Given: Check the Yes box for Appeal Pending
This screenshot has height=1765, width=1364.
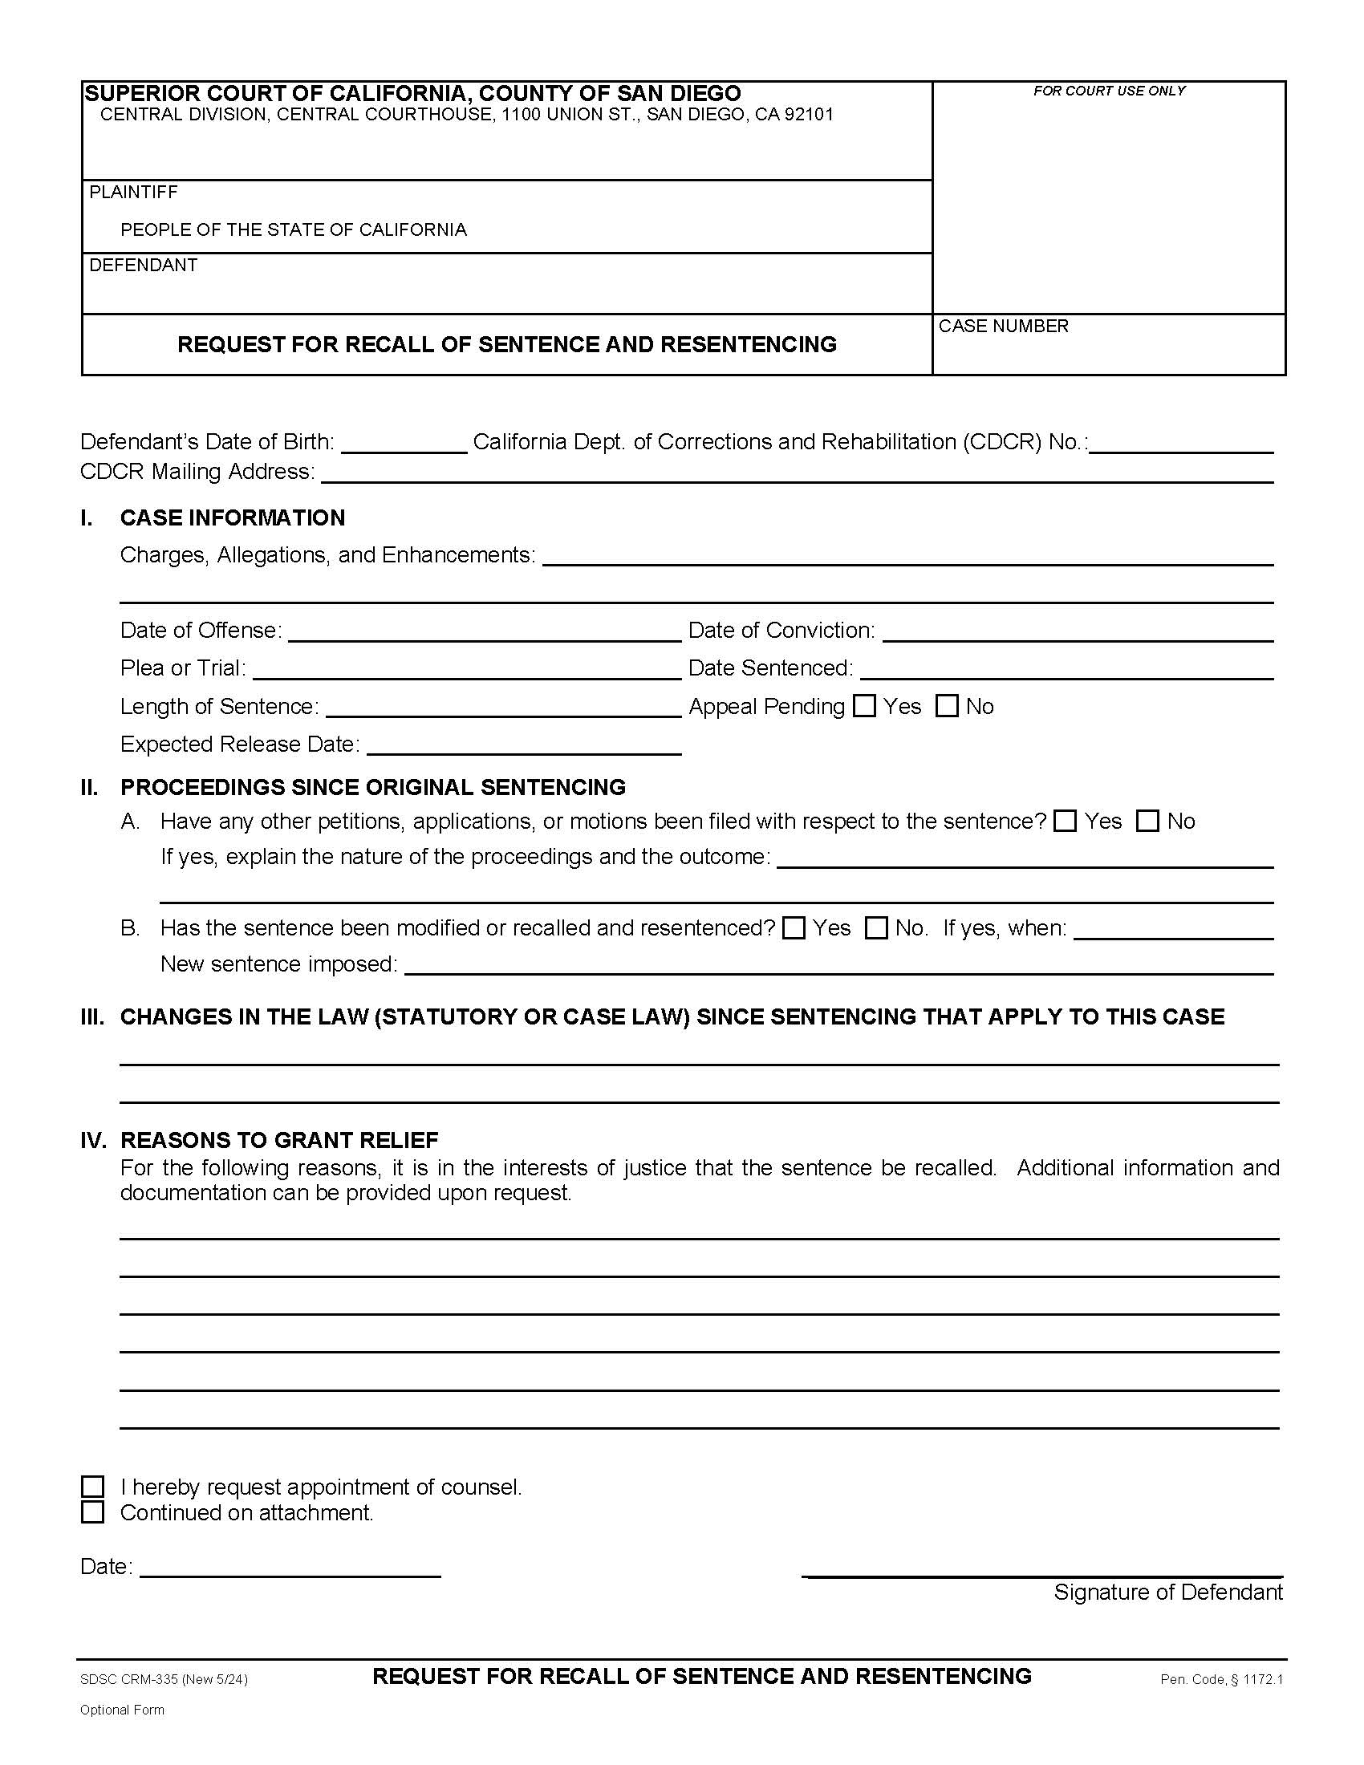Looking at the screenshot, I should pos(865,706).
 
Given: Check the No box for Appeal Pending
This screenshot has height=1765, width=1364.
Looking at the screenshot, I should pos(947,706).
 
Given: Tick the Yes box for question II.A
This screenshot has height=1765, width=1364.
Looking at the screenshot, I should pos(1066,821).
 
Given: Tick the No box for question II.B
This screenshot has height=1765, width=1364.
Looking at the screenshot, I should pos(877,927).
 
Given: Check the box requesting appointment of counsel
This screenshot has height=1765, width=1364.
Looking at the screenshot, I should pos(93,1487).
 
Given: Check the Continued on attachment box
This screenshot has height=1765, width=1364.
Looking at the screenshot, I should pos(93,1512).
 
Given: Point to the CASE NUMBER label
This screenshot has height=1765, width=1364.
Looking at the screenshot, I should pos(1003,326).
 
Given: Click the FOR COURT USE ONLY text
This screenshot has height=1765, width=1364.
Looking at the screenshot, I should pos(1109,91).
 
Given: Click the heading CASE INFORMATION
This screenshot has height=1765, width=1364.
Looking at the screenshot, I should pos(232,517).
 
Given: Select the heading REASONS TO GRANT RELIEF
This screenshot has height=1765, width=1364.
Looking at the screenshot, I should pos(278,1140).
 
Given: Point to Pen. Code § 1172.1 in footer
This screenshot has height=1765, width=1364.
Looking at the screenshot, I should pos(1221,1679).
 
